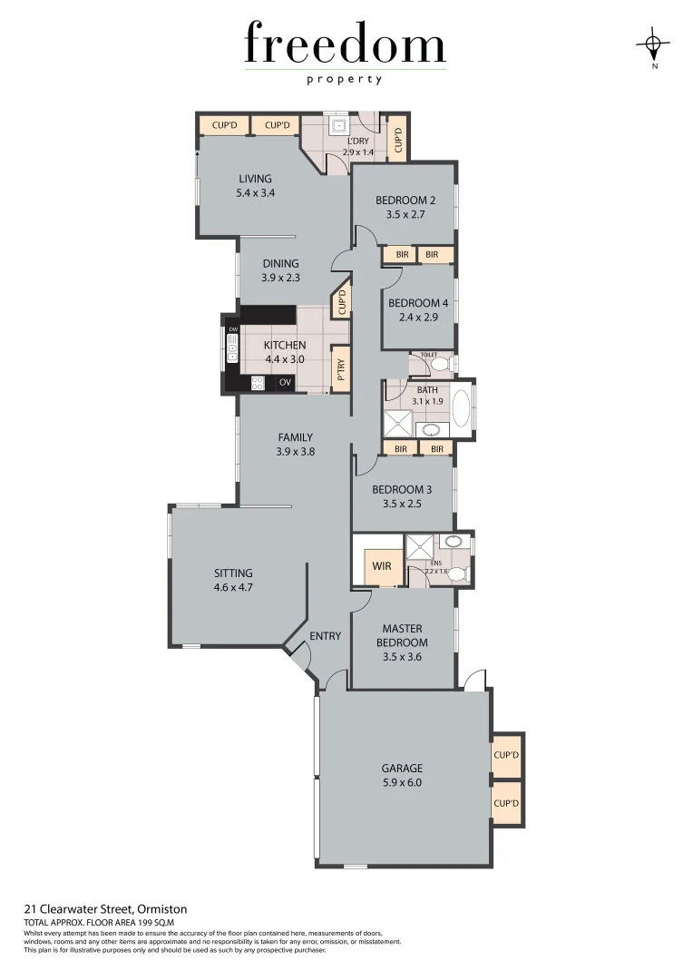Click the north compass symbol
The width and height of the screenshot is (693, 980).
tap(653, 44)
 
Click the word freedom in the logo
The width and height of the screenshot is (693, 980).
tap(345, 45)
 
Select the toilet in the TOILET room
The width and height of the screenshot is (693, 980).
tap(439, 365)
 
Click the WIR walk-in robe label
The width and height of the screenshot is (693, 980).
tap(381, 566)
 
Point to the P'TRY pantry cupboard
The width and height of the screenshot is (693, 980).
tap(341, 368)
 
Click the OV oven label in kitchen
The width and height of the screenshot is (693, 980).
tap(285, 383)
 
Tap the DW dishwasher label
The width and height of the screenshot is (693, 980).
tap(233, 329)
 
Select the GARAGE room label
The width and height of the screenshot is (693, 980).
tap(402, 769)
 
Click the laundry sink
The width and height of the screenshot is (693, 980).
tap(338, 126)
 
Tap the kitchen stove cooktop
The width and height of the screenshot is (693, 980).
tap(257, 383)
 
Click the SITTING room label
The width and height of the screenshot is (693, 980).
tap(233, 573)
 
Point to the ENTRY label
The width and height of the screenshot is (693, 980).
tap(325, 636)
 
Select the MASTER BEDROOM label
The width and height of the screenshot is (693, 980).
tap(404, 635)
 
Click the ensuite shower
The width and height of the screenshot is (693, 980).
tap(420, 547)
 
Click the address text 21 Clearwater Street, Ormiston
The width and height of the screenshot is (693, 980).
tap(105, 908)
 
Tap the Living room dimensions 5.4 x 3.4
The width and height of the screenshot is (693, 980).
tap(255, 193)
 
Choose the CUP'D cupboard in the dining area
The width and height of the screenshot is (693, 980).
tap(341, 301)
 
